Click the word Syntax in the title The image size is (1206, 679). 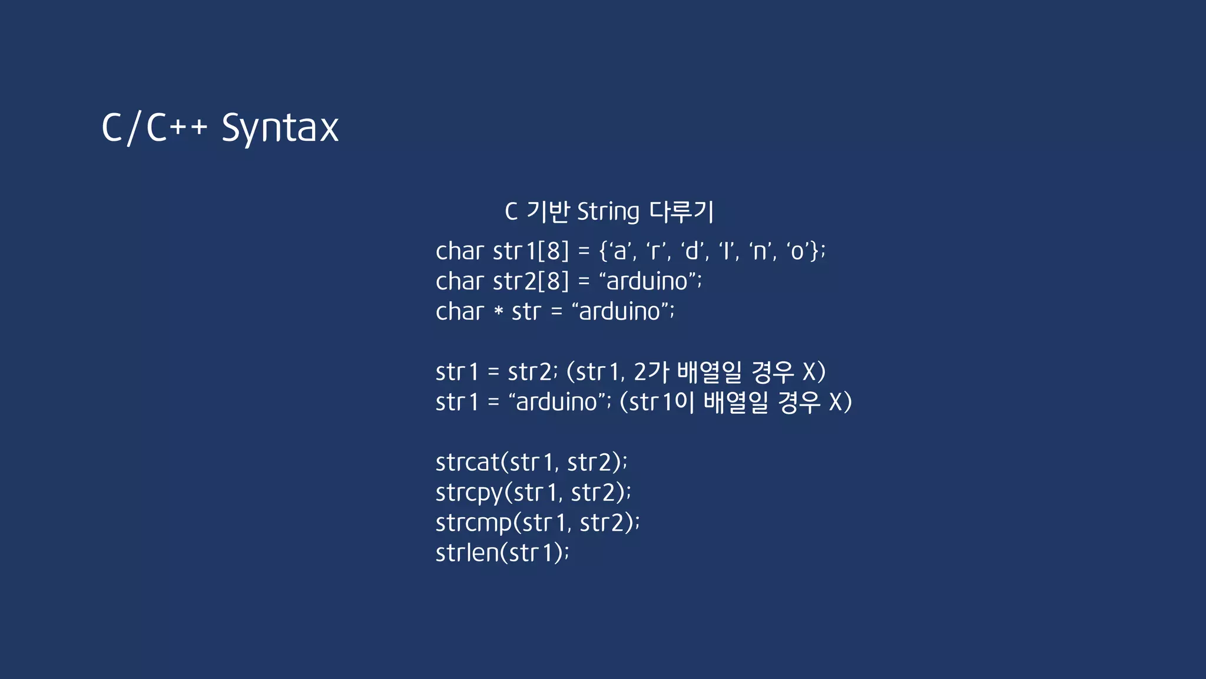click(x=280, y=128)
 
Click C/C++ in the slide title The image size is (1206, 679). click(x=154, y=128)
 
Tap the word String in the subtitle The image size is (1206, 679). click(x=608, y=212)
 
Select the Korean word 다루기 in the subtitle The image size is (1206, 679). click(x=681, y=212)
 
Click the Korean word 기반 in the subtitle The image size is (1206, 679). click(x=548, y=212)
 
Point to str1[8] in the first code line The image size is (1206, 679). click(x=531, y=252)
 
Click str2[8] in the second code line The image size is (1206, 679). click(x=531, y=282)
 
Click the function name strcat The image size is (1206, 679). click(x=468, y=463)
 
